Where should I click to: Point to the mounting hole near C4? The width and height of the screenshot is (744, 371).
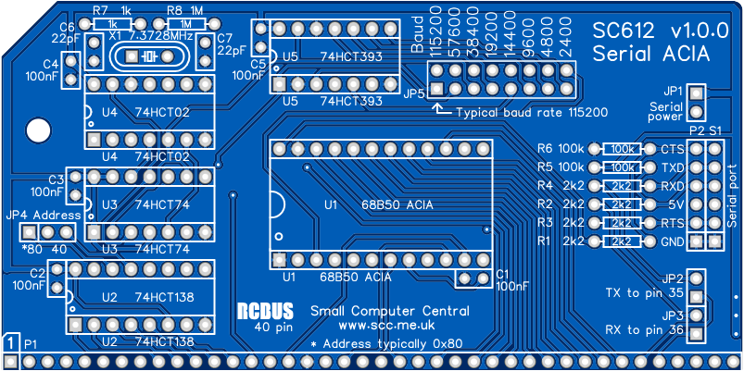coord(37,129)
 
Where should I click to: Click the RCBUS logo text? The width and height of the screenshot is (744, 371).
coord(265,311)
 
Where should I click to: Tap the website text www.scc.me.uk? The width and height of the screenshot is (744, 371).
coord(386,326)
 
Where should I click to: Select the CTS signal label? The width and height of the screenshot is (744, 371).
coord(673,149)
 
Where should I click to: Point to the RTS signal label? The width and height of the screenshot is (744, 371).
coord(673,223)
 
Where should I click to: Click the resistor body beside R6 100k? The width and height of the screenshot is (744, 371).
coord(622,149)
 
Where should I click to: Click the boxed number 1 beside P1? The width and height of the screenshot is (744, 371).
coord(10,343)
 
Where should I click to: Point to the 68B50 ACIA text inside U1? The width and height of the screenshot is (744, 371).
coord(401,203)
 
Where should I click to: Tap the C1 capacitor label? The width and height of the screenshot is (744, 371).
coord(503,274)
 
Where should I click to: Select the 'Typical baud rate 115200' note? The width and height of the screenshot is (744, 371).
coord(531,112)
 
